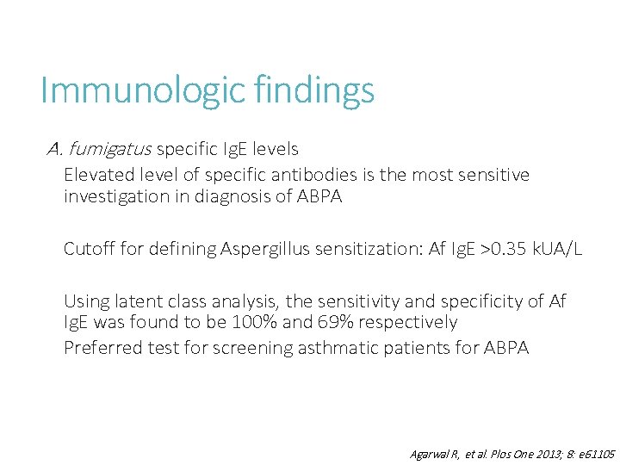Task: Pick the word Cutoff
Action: pos(88,250)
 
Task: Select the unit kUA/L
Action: pos(557,250)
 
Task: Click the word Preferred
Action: pos(99,348)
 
